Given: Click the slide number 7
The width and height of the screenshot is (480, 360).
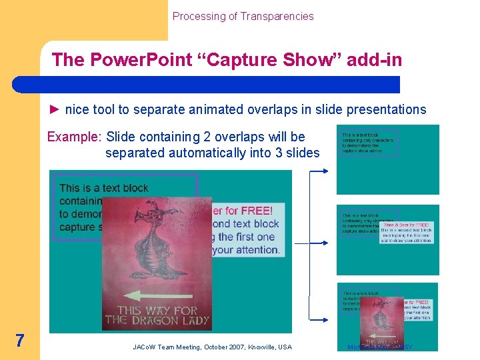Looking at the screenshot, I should pos(20,341).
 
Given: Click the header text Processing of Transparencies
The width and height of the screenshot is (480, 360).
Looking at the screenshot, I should pos(243,16).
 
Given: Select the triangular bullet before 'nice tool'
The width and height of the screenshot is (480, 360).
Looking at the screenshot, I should pos(55,109).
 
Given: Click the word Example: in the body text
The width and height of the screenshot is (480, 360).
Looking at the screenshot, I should pos(73,137).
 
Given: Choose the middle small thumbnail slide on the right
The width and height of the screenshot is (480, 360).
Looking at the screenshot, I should pos(387,239).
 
